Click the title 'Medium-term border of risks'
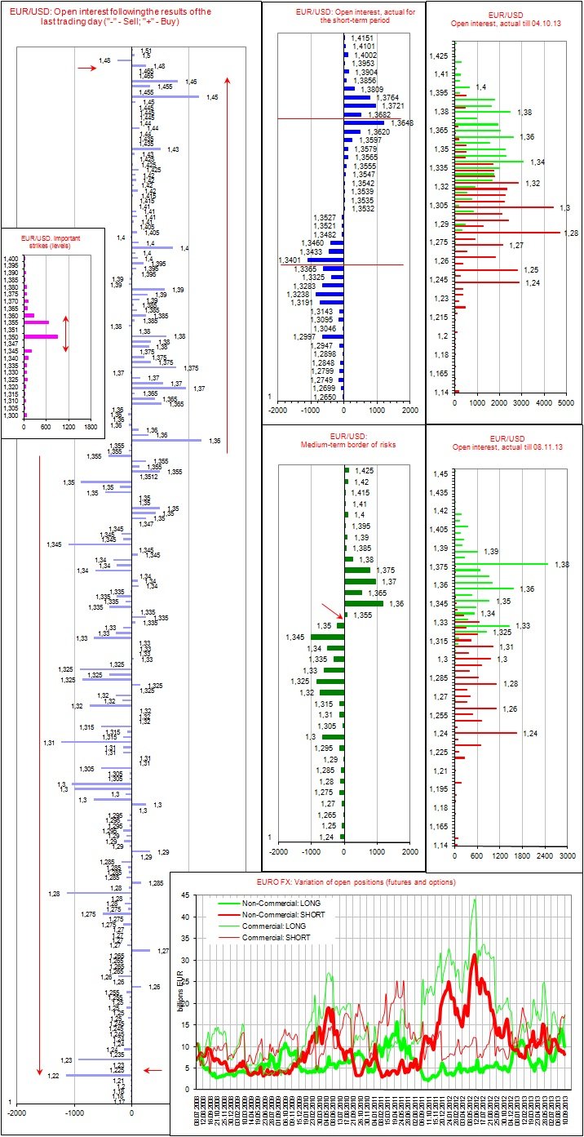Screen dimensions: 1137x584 [343, 443]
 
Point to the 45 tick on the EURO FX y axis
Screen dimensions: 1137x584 [185, 895]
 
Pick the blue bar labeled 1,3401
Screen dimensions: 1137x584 [312, 260]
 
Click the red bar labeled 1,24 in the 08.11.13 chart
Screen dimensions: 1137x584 [487, 733]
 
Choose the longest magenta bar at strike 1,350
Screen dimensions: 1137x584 [41, 336]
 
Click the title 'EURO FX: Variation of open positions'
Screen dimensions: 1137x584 [374, 882]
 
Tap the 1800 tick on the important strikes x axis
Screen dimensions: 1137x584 [90, 426]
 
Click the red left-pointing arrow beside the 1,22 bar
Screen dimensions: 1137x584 [153, 1070]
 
